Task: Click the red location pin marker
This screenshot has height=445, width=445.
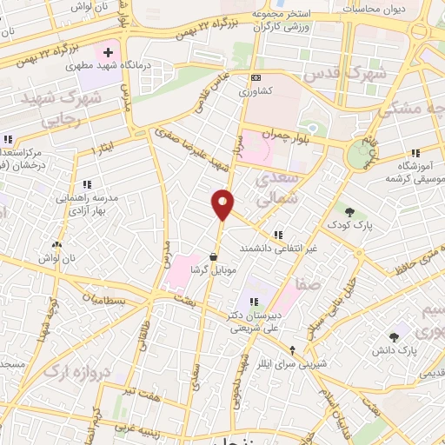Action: (x=223, y=203)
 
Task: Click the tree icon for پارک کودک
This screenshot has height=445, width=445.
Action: (x=349, y=211)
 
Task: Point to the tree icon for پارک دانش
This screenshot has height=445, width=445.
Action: (x=395, y=335)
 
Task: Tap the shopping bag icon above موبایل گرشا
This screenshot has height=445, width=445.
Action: (x=214, y=256)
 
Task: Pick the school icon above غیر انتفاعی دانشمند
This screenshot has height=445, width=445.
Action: (x=277, y=235)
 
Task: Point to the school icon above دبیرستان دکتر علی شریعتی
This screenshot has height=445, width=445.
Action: (x=253, y=302)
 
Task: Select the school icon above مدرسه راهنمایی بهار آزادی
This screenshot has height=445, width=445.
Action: (x=87, y=184)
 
